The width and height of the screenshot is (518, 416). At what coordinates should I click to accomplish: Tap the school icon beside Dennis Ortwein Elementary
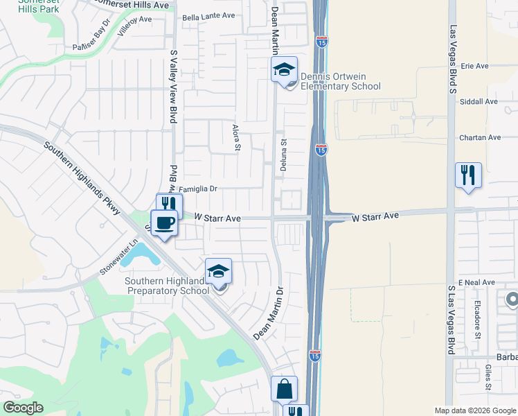(x=283, y=70)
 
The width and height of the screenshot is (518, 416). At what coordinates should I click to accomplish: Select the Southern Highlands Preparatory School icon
(x=218, y=271)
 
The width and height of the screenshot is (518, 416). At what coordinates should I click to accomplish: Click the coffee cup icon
(x=164, y=223)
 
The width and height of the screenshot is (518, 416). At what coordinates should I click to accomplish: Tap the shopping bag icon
(x=284, y=389)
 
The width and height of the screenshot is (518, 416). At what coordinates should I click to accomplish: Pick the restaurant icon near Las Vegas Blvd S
(x=468, y=175)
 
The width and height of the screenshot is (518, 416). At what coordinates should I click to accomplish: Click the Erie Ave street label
(x=475, y=67)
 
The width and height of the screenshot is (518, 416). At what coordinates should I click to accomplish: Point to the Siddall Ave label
(x=479, y=102)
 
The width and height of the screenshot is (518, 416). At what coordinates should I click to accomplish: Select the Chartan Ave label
(x=480, y=138)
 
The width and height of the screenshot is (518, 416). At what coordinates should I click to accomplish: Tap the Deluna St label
(x=283, y=151)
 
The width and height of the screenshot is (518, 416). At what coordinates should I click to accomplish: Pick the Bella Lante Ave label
(x=208, y=17)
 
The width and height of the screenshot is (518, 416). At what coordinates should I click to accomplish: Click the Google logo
(x=23, y=408)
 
